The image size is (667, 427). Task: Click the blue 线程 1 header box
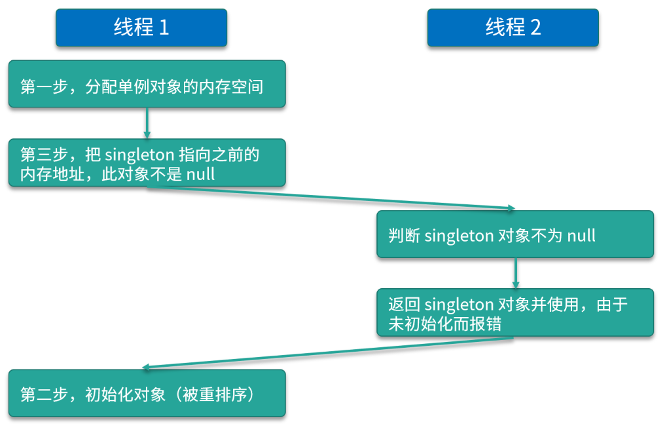pos(141,28)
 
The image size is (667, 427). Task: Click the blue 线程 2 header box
pos(513,28)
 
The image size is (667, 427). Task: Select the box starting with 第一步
pos(147,84)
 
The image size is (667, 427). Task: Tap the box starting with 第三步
pos(147,163)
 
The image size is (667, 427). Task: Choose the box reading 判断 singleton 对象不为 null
pos(515,234)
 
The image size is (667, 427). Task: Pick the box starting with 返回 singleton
pos(515,313)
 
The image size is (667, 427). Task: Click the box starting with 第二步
pos(147,394)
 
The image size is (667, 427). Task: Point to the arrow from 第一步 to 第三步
pos(147,123)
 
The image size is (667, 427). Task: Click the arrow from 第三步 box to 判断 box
pos(331,198)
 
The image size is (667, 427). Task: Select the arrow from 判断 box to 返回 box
pos(515,272)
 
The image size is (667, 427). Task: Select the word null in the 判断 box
pos(581,236)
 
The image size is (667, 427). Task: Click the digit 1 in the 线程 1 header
pos(163,28)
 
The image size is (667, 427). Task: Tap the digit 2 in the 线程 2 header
pos(535,28)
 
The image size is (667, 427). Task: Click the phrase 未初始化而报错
pos(444,324)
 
